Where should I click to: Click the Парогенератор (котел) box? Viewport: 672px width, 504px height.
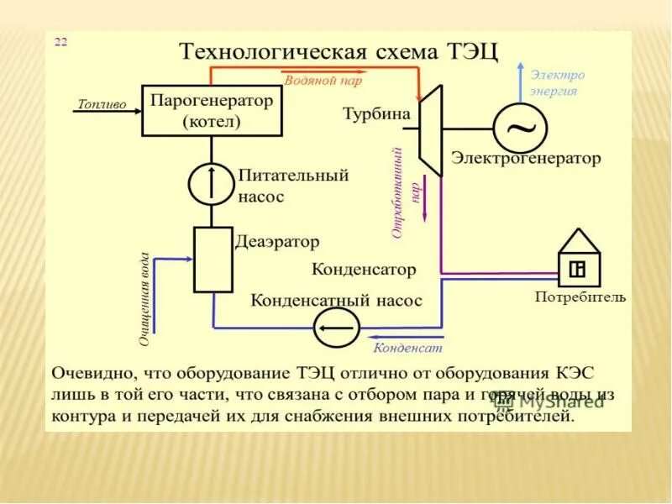212,110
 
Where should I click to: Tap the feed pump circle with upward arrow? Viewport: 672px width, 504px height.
208,183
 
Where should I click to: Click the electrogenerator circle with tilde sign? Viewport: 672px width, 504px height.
520,128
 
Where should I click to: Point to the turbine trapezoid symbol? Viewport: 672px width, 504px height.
430,129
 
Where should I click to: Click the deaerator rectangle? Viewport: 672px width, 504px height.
213,259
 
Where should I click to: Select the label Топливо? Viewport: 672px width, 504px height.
101,104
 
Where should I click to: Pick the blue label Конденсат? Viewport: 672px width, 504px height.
407,346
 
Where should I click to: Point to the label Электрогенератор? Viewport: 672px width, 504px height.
526,158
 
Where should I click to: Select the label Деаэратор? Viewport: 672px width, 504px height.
277,242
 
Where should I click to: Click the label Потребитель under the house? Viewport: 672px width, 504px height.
580,297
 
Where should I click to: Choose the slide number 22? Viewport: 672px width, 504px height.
61,42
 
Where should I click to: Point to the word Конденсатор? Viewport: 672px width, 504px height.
364,270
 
